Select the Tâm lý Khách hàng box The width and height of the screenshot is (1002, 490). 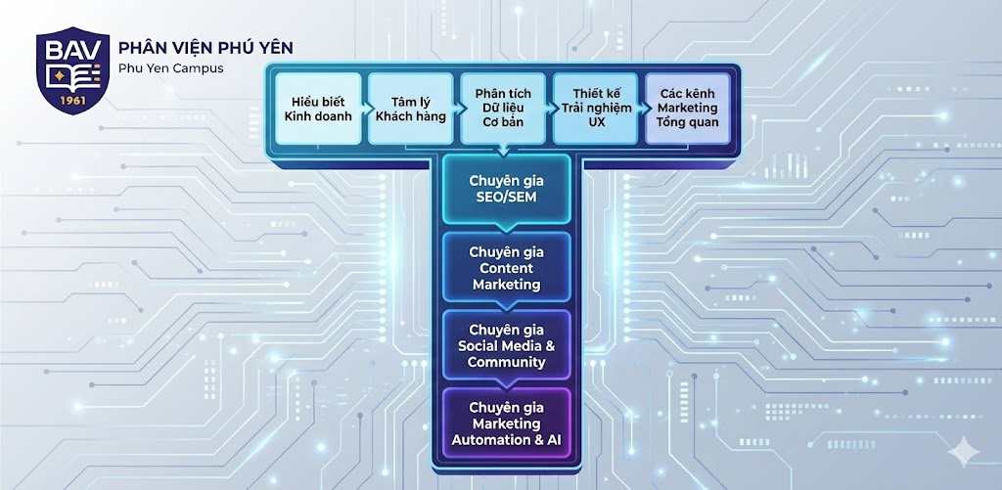click(x=410, y=109)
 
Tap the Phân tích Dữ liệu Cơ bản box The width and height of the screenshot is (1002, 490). click(x=502, y=109)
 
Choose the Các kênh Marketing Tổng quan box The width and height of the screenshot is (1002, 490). click(x=687, y=108)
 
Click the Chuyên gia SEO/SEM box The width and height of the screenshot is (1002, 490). click(x=505, y=188)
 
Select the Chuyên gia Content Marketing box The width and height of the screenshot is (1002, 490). click(x=505, y=267)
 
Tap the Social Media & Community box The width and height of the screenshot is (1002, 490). click(x=505, y=345)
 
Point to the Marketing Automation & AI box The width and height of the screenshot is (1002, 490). click(x=505, y=423)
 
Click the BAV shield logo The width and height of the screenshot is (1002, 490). click(x=72, y=72)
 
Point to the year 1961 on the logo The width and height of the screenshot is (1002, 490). click(x=72, y=101)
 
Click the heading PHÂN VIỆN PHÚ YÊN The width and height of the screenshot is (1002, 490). click(x=205, y=48)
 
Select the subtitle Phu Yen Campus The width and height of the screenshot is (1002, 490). click(x=170, y=68)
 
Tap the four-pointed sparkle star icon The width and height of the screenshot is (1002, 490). click(x=966, y=449)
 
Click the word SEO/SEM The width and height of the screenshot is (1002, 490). click(x=505, y=197)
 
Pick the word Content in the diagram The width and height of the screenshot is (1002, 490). click(x=506, y=268)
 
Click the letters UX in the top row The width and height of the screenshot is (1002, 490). click(x=596, y=122)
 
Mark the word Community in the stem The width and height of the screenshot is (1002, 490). click(x=506, y=362)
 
